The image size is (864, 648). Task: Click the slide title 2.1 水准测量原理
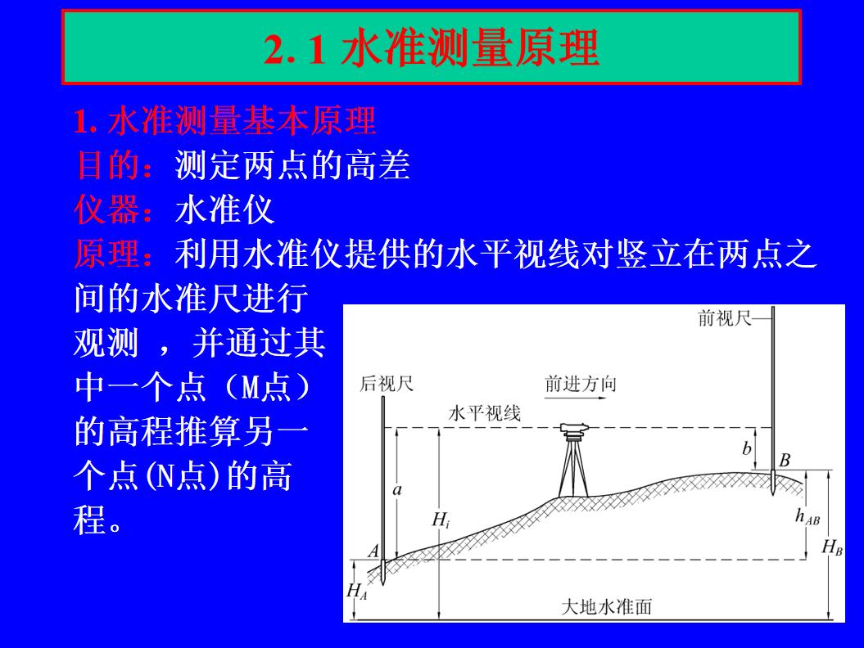point(432,49)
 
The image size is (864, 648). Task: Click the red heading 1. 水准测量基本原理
point(225,123)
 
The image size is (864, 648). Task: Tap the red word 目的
point(107,167)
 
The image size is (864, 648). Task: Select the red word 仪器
point(107,211)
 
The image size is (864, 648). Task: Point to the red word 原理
point(107,255)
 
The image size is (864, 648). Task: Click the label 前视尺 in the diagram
point(724,319)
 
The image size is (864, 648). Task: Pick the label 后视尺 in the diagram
point(387,384)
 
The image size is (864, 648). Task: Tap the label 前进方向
point(580,384)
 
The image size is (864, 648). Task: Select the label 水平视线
point(484,414)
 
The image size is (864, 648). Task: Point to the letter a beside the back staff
point(398,490)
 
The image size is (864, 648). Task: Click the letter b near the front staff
point(746,448)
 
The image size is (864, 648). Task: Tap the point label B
point(785,460)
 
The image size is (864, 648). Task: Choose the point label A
point(373,552)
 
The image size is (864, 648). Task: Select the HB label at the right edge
point(833,547)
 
